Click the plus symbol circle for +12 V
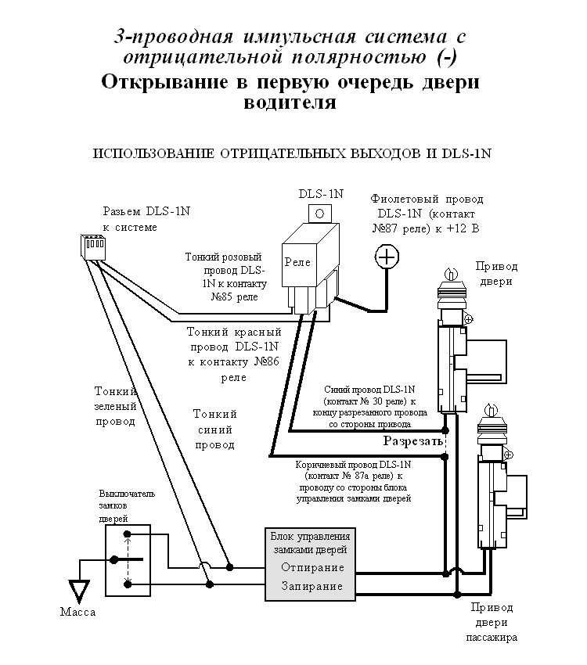[x=387, y=256]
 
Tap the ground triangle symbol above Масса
[x=78, y=589]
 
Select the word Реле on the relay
[x=297, y=262]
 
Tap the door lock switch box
[x=127, y=560]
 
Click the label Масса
[x=77, y=612]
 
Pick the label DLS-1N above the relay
[x=320, y=193]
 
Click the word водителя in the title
[x=290, y=103]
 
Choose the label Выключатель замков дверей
[x=128, y=506]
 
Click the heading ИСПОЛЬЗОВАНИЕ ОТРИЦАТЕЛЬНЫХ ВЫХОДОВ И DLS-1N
[x=291, y=153]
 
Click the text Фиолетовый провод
[x=427, y=199]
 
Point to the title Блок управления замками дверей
[x=310, y=543]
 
